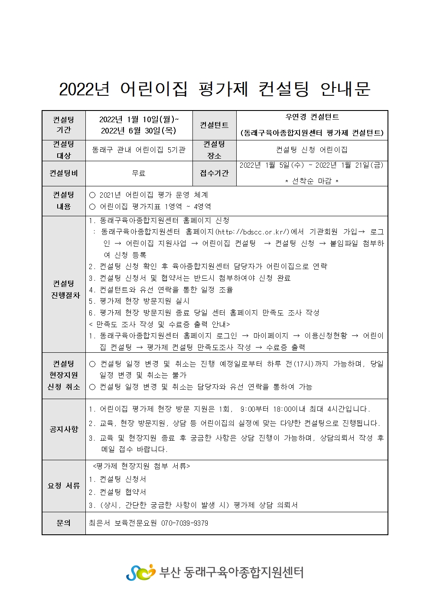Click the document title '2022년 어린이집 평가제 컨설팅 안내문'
(215, 89)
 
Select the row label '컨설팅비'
(64, 173)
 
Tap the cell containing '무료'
(139, 173)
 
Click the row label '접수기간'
(214, 173)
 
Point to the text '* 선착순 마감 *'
(312, 181)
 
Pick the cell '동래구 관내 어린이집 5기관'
(139, 150)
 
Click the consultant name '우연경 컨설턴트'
(312, 117)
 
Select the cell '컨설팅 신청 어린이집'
(312, 150)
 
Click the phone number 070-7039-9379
(185, 523)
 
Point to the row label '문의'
(64, 523)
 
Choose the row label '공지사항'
(64, 429)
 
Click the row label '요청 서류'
(64, 486)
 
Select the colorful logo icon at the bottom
(140, 572)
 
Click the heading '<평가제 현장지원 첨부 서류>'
(141, 466)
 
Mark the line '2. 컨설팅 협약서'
(117, 492)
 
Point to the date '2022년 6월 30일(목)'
(139, 130)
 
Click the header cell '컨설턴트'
(214, 125)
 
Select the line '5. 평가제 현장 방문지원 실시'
(139, 301)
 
